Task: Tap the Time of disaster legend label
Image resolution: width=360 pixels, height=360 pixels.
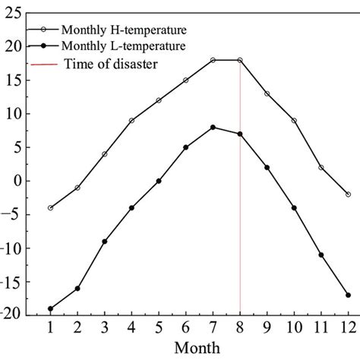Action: tap(111, 64)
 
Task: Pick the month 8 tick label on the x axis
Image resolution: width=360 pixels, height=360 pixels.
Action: tap(240, 328)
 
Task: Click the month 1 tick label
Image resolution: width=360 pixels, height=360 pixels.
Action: tap(50, 328)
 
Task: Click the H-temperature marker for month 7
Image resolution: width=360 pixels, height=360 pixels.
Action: tap(213, 60)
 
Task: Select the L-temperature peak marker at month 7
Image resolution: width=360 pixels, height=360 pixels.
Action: tap(213, 128)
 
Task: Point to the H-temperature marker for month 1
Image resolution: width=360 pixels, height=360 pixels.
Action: tap(50, 207)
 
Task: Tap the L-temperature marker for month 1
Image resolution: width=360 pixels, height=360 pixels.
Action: tap(50, 308)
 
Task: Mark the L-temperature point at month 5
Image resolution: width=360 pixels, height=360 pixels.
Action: tap(159, 181)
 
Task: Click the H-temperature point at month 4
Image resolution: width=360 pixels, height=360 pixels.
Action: tap(131, 120)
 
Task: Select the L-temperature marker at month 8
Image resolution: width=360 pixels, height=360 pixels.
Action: tap(240, 134)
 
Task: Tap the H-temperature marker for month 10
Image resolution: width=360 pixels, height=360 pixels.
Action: tap(294, 120)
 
